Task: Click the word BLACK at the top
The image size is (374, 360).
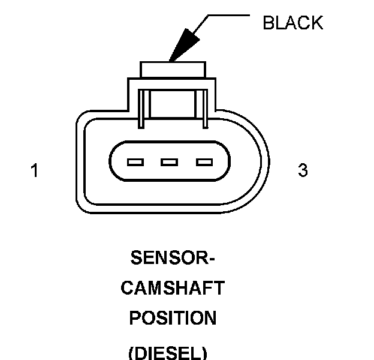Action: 292,23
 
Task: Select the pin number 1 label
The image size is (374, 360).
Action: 35,171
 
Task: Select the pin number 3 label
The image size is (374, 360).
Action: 303,171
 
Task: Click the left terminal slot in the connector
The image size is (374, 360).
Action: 136,162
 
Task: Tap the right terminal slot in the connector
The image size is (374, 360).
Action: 204,162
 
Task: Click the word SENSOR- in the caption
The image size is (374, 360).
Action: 173,259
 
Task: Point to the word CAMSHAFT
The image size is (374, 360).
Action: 173,289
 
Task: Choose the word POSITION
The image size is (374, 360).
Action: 173,318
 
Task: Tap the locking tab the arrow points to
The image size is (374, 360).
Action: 173,69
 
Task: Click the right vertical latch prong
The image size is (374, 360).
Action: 204,108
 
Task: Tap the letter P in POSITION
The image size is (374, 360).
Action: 135,318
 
